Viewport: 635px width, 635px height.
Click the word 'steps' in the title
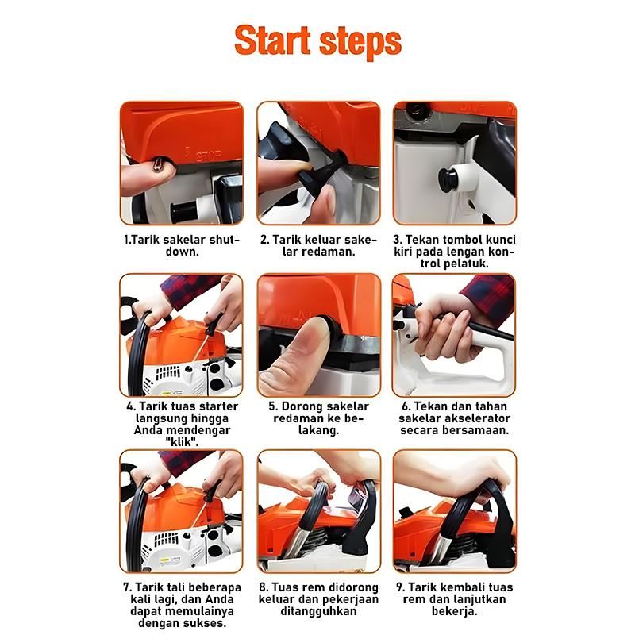click(x=360, y=43)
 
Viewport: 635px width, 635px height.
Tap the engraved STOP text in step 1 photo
click(x=208, y=155)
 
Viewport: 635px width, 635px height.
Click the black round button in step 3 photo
click(x=448, y=180)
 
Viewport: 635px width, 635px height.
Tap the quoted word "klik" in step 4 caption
click(x=183, y=442)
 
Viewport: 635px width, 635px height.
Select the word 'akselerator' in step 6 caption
click(x=475, y=418)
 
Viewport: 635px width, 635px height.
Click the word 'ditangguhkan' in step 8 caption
click(x=319, y=610)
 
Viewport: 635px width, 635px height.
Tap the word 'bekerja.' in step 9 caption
click(x=454, y=610)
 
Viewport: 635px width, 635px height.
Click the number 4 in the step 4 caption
click(x=129, y=406)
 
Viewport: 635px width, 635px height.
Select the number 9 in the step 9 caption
click(x=400, y=587)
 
